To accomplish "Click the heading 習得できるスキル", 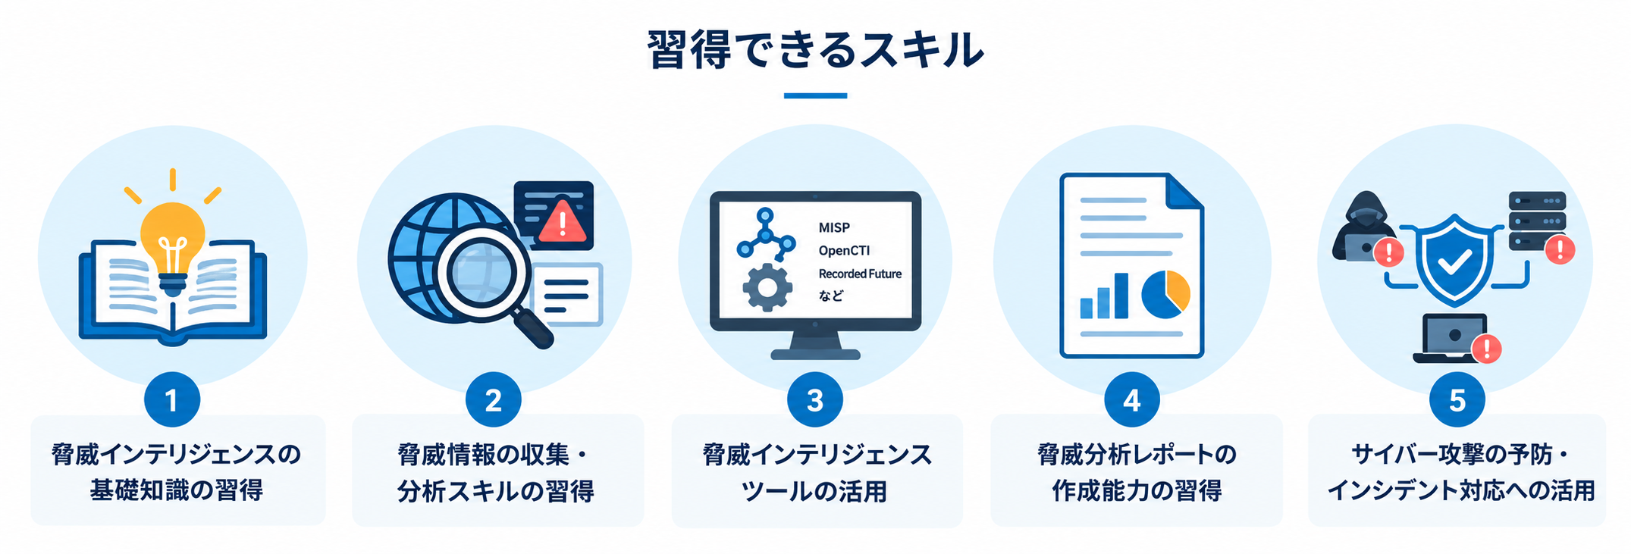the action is pyautogui.click(x=815, y=50).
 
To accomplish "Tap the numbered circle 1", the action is pyautogui.click(x=172, y=399).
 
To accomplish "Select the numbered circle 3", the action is pyautogui.click(x=815, y=399).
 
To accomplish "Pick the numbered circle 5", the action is pyautogui.click(x=1457, y=399).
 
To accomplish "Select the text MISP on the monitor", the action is pyautogui.click(x=834, y=227).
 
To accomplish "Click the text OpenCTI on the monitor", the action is pyautogui.click(x=844, y=251).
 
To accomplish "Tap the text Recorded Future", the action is pyautogui.click(x=860, y=274).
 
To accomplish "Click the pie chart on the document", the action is pyautogui.click(x=1165, y=295).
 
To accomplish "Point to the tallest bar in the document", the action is pyautogui.click(x=1121, y=296).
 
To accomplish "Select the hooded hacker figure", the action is pyautogui.click(x=1364, y=227).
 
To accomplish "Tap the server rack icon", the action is pyautogui.click(x=1537, y=221).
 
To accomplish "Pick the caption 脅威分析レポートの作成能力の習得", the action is pyautogui.click(x=1137, y=472).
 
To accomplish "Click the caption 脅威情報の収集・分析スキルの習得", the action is pyautogui.click(x=495, y=472).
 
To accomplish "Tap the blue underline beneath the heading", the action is pyautogui.click(x=815, y=95).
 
